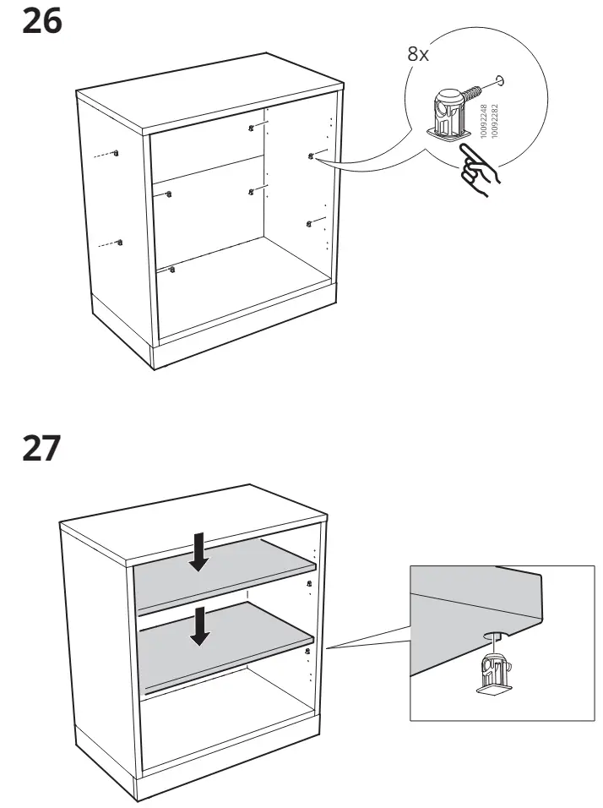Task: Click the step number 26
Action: pos(41,22)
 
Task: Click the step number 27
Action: pos(41,447)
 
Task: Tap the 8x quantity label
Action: pos(418,55)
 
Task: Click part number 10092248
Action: pos(484,122)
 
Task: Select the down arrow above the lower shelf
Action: pos(199,625)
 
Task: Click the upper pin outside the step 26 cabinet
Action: pos(117,153)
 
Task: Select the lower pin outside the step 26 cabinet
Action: pos(122,243)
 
